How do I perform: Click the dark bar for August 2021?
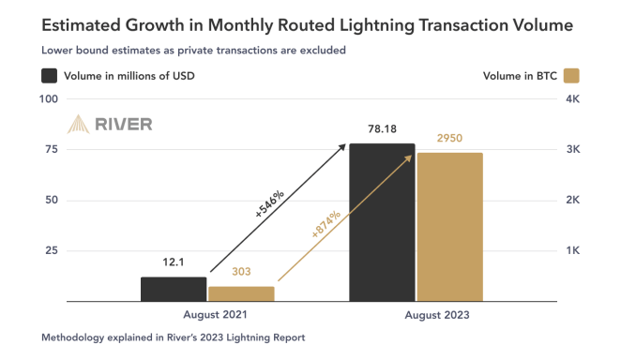174,289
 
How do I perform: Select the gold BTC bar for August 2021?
241,293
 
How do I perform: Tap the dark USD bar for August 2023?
382,222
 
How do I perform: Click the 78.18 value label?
382,132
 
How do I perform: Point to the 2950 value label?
449,139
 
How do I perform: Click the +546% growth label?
270,203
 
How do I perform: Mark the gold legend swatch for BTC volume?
568,75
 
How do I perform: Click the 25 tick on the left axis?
53,251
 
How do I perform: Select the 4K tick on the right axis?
570,99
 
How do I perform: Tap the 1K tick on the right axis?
570,251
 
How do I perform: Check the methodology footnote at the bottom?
174,337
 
